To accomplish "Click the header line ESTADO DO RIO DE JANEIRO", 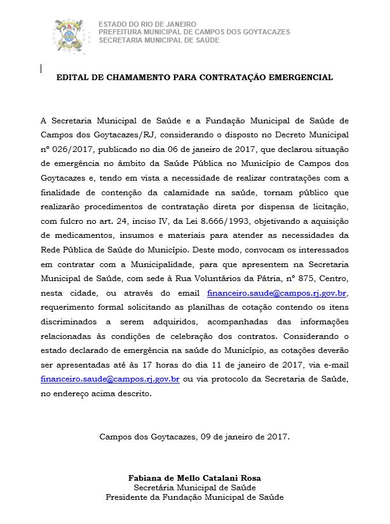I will pyautogui.click(x=147, y=24).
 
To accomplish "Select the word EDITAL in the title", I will pyautogui.click(x=71, y=78).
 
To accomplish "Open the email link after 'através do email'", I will pyautogui.click(x=278, y=293).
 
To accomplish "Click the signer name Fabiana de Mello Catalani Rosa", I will pyautogui.click(x=194, y=478).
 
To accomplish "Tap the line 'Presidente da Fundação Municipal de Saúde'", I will pyautogui.click(x=194, y=497).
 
